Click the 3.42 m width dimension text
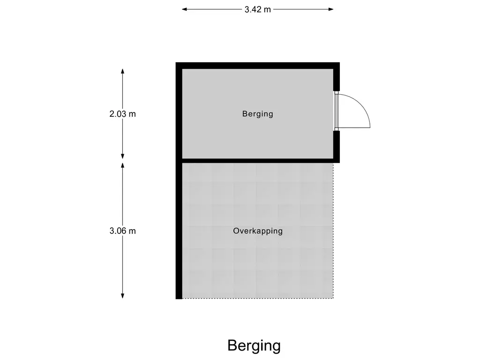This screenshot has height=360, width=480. point(257,9)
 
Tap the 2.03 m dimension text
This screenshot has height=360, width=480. point(122,114)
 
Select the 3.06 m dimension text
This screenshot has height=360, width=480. point(122,231)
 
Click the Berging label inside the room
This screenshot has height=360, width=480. point(257,114)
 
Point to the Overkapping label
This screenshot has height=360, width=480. point(258,231)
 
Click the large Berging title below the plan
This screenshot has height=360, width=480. point(254,345)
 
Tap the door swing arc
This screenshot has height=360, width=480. point(361,105)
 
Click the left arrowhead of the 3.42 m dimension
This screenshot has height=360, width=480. point(184,9)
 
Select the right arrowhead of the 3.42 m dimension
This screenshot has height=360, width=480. point(331,9)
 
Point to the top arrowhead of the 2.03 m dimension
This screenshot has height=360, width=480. point(122,71)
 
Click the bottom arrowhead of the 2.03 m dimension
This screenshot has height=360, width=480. point(122,156)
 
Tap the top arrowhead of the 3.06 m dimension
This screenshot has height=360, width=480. point(122,165)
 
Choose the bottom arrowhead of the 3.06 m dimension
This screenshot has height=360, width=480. point(122,295)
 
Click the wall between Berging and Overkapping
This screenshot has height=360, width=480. point(258,161)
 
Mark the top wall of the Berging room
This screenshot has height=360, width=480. point(258,66)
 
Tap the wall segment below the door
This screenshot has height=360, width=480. point(337,145)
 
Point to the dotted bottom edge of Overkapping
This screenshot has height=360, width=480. point(258,298)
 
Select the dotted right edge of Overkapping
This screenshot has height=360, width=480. point(333,231)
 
